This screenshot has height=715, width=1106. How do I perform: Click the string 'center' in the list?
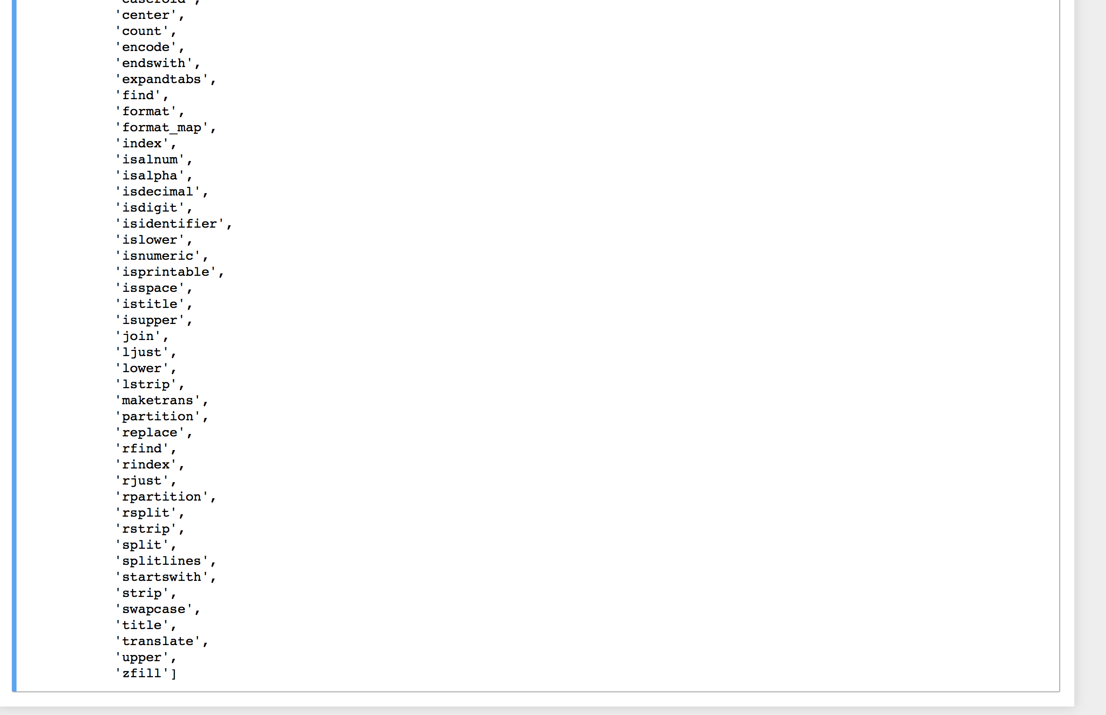pos(145,15)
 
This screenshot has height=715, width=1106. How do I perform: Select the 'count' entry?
pos(142,31)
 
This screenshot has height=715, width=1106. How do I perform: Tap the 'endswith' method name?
pos(153,63)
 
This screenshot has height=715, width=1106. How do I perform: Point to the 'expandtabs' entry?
pos(162,79)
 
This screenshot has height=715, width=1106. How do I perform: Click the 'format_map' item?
pos(162,128)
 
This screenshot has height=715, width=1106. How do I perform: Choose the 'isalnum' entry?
pos(150,160)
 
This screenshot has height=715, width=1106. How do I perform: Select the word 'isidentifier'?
pos(170,224)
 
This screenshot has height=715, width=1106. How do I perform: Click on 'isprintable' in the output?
pos(166,272)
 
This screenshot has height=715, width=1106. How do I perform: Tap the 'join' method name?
pos(138,336)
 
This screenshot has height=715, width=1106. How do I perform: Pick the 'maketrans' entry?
pos(158,400)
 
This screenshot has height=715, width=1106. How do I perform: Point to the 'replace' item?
pos(150,433)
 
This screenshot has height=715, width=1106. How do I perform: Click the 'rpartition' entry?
pos(162,497)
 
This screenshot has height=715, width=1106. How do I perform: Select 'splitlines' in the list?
pos(162,561)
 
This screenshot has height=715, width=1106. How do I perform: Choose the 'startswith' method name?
pos(162,577)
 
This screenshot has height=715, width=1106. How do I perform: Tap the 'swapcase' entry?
pos(153,609)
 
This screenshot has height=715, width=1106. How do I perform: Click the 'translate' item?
pos(158,641)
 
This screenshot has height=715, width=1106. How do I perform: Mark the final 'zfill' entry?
pos(142,673)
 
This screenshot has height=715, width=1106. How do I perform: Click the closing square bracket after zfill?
pos(174,673)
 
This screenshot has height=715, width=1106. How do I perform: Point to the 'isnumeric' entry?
pos(158,256)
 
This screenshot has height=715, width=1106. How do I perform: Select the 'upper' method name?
pos(142,657)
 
